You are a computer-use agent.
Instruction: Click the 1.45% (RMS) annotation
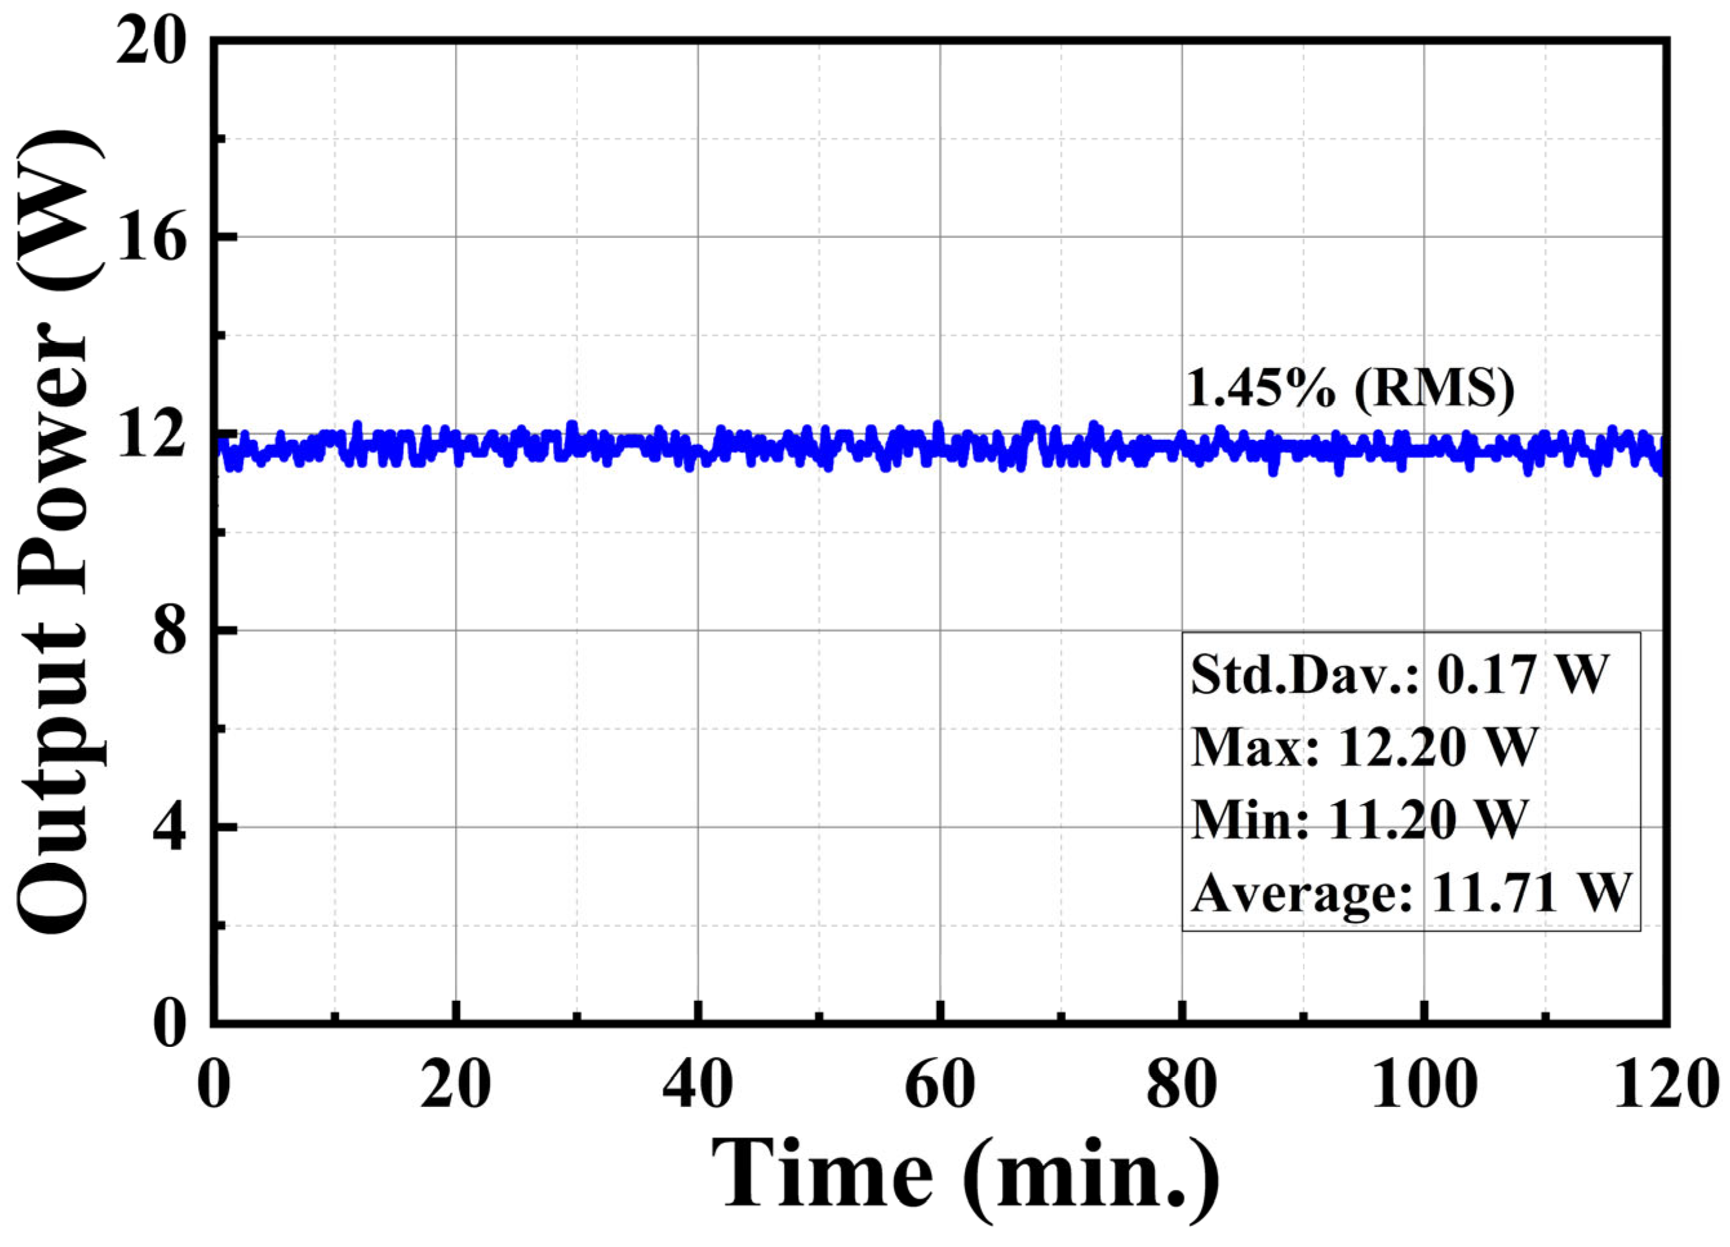[x=1349, y=389]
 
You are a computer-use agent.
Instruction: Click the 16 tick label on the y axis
[x=159, y=238]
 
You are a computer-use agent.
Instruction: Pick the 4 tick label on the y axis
[x=175, y=827]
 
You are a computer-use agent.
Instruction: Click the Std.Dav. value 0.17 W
[x=1522, y=675]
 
